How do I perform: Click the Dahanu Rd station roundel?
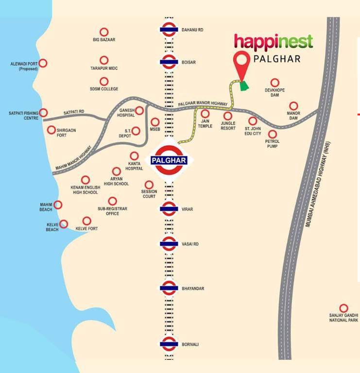(169, 30)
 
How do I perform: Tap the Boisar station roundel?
(169, 62)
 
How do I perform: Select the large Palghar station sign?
(169, 160)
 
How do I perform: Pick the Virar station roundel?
(169, 209)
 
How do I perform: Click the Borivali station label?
(190, 344)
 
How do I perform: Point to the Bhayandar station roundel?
(169, 288)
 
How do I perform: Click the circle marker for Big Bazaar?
(104, 32)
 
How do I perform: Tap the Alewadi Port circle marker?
(43, 63)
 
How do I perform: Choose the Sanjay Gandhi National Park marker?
(343, 308)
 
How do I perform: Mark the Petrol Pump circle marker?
(272, 134)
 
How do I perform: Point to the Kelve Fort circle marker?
(86, 221)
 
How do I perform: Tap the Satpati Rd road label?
(74, 112)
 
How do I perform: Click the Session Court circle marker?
(149, 185)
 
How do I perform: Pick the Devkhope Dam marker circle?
(275, 83)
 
